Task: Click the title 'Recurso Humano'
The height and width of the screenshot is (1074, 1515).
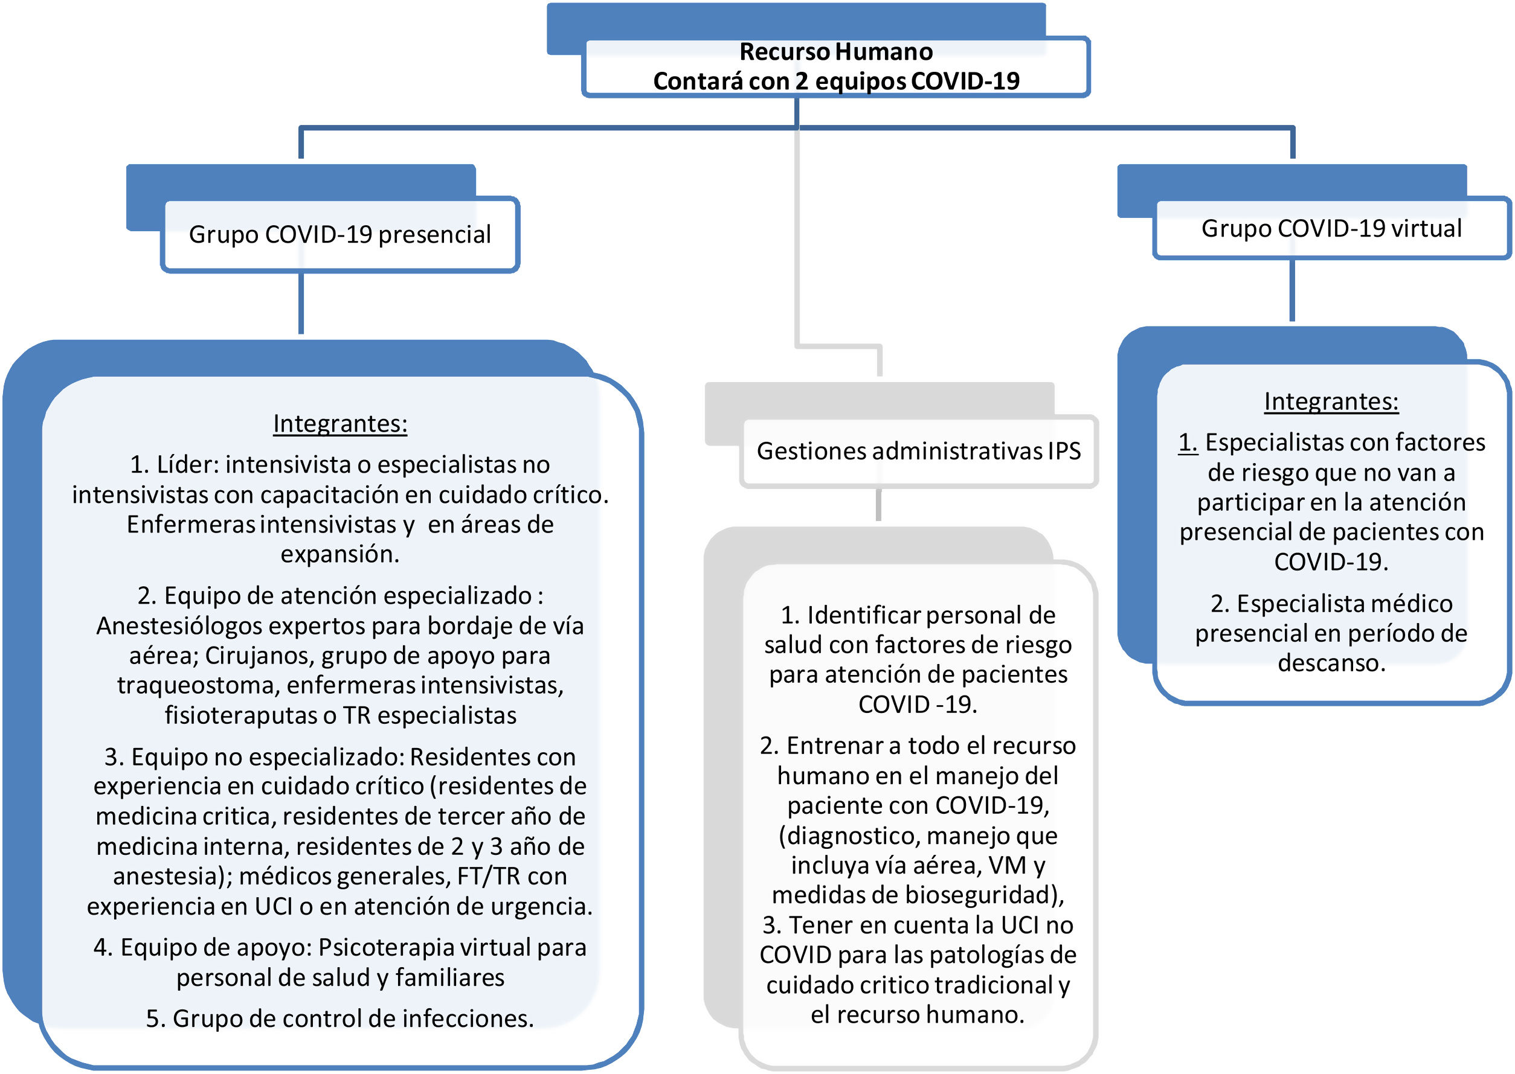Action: pos(835,51)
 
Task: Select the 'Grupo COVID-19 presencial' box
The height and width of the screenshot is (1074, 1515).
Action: pos(339,234)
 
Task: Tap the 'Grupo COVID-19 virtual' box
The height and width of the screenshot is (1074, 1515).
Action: pos(1331,229)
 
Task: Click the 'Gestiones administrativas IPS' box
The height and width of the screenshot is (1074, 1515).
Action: pos(918,451)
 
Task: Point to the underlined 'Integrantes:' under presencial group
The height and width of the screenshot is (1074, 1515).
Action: pos(340,424)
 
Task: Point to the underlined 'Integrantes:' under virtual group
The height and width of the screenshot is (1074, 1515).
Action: pos(1331,401)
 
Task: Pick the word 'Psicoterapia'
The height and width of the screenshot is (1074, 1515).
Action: pos(385,948)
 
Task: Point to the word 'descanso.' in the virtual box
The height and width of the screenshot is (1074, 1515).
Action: pos(1331,663)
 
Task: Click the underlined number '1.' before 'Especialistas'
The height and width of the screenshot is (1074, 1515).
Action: pos(1188,443)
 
